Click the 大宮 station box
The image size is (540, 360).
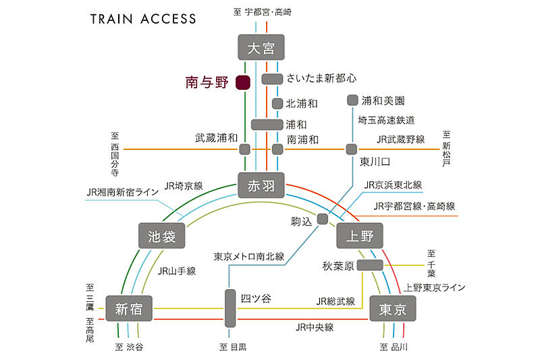click(261, 47)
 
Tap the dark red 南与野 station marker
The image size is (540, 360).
click(244, 83)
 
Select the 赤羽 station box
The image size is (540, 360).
click(261, 184)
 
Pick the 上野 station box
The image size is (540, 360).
click(359, 236)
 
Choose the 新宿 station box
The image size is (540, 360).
click(128, 309)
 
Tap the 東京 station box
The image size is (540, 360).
click(392, 309)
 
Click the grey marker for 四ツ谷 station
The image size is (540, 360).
click(230, 308)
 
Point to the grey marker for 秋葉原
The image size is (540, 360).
click(370, 265)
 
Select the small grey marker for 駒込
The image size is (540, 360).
click(323, 219)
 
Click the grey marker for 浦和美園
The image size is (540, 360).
click(352, 101)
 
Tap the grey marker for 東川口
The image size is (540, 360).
click(351, 149)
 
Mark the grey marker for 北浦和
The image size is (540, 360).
click(277, 104)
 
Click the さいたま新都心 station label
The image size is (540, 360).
click(321, 78)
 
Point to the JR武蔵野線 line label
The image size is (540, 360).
click(401, 139)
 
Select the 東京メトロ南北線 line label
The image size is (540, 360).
click(248, 257)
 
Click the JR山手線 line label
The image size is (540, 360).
click(176, 271)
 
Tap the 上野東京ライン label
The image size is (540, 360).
click(435, 288)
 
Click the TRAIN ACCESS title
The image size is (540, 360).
click(144, 19)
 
